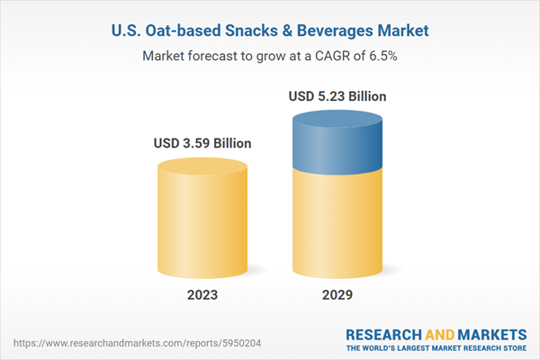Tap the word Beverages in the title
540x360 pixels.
coord(343,31)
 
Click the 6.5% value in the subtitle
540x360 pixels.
coord(382,56)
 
